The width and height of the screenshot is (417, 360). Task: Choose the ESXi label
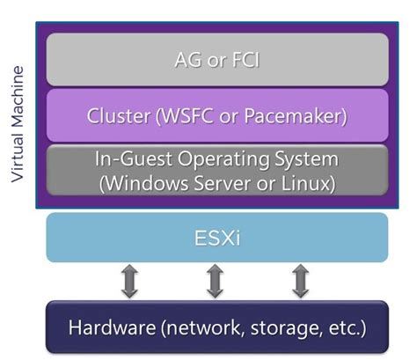[216, 238]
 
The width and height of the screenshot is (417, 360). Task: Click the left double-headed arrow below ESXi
[129, 281]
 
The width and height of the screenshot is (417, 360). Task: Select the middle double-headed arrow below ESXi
[215, 281]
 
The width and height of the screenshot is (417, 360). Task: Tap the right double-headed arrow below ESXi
[300, 281]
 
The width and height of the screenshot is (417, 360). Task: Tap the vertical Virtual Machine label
[17, 122]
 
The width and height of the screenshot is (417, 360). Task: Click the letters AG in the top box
[187, 61]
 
